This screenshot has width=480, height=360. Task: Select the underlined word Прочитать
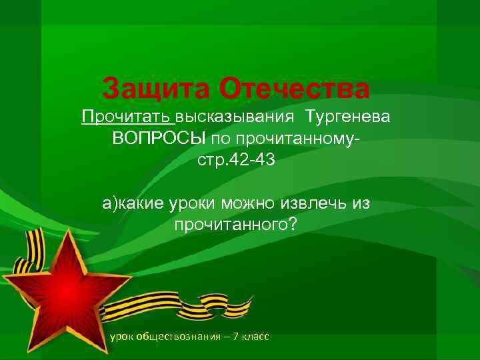click(127, 117)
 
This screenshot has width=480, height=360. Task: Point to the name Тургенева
click(349, 117)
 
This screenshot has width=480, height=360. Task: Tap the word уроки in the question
click(193, 203)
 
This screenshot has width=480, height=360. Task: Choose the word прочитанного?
click(232, 225)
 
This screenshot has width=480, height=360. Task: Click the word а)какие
click(131, 203)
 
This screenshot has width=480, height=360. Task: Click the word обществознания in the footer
click(177, 337)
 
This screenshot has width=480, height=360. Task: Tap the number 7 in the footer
click(237, 337)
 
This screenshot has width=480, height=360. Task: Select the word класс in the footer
click(256, 337)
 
